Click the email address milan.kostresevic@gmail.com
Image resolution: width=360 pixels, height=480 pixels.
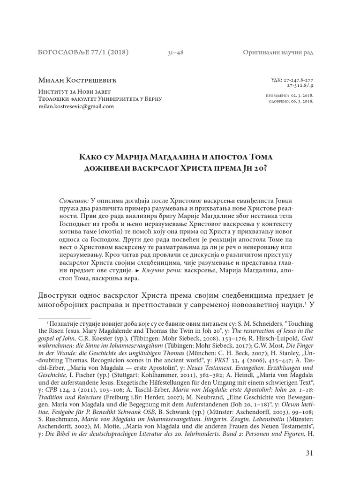pos(76,106)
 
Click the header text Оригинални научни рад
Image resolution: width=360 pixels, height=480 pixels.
pos(278,52)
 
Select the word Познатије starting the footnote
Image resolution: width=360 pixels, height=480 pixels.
pos(65,324)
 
